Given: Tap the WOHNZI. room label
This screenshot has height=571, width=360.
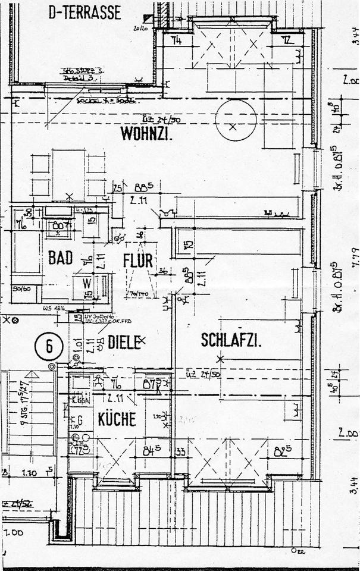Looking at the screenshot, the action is (146, 133).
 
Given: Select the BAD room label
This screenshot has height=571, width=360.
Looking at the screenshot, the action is (60, 258).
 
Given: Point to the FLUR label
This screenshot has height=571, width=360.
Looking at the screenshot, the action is (138, 260).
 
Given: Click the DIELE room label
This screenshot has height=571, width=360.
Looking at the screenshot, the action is (124, 341).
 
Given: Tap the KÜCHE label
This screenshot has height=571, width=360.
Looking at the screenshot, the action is (117, 418).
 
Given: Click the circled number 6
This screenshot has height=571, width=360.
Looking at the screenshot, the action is (49, 345).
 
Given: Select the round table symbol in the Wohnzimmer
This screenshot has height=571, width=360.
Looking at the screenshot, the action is (236, 120).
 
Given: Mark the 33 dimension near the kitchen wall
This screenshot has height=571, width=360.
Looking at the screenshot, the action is (180, 451).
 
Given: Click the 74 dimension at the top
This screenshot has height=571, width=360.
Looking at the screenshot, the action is (176, 40).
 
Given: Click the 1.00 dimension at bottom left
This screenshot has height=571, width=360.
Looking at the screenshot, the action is (12, 532).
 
